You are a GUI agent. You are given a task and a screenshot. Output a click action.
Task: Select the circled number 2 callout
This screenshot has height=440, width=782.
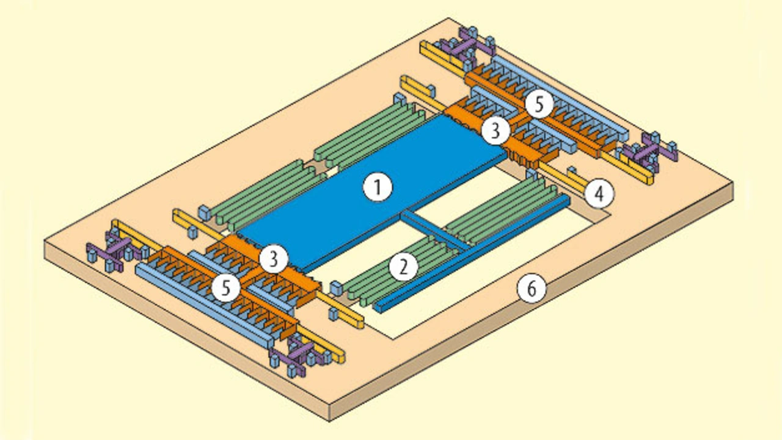(x=404, y=266)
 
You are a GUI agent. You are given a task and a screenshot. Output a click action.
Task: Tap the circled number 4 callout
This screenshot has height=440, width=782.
(x=599, y=194)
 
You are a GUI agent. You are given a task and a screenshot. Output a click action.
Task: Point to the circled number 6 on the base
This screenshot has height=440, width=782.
(x=530, y=289)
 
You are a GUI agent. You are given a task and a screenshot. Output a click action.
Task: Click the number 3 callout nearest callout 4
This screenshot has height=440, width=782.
(x=494, y=129)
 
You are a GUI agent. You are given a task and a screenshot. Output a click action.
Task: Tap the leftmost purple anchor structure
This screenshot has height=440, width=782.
(x=110, y=250)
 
